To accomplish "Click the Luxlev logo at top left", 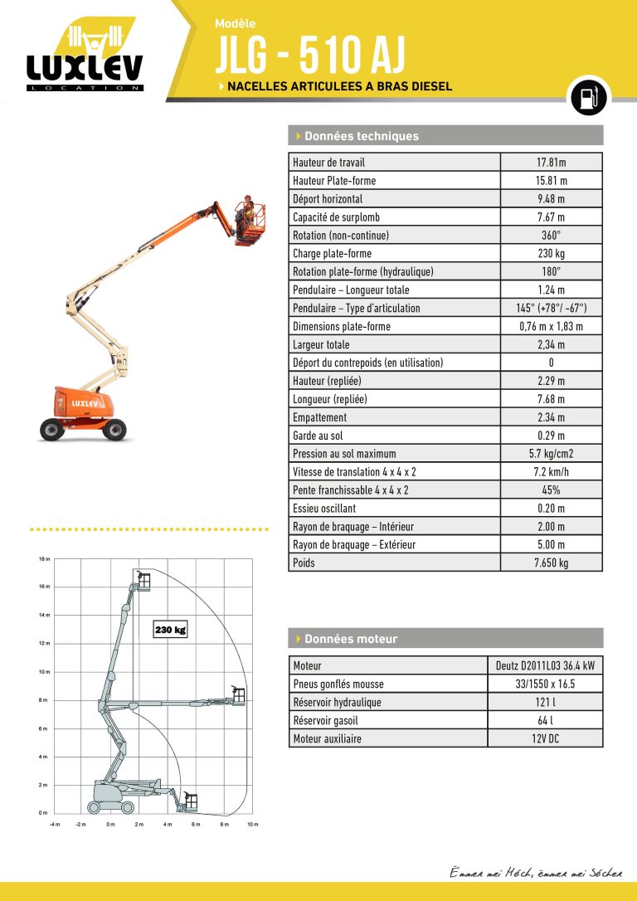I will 85,58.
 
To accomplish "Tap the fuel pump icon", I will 587,98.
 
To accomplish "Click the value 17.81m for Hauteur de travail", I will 551,163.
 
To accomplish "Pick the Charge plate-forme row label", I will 332,254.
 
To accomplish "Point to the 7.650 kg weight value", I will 551,563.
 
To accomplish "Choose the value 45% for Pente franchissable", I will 551,490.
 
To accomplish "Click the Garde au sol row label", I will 318,436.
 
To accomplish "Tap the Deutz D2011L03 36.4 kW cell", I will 545,666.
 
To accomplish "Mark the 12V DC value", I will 545,739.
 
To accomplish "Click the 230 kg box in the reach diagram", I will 170,631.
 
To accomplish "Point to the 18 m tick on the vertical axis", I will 45,559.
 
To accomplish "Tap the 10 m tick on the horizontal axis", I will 253,824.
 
